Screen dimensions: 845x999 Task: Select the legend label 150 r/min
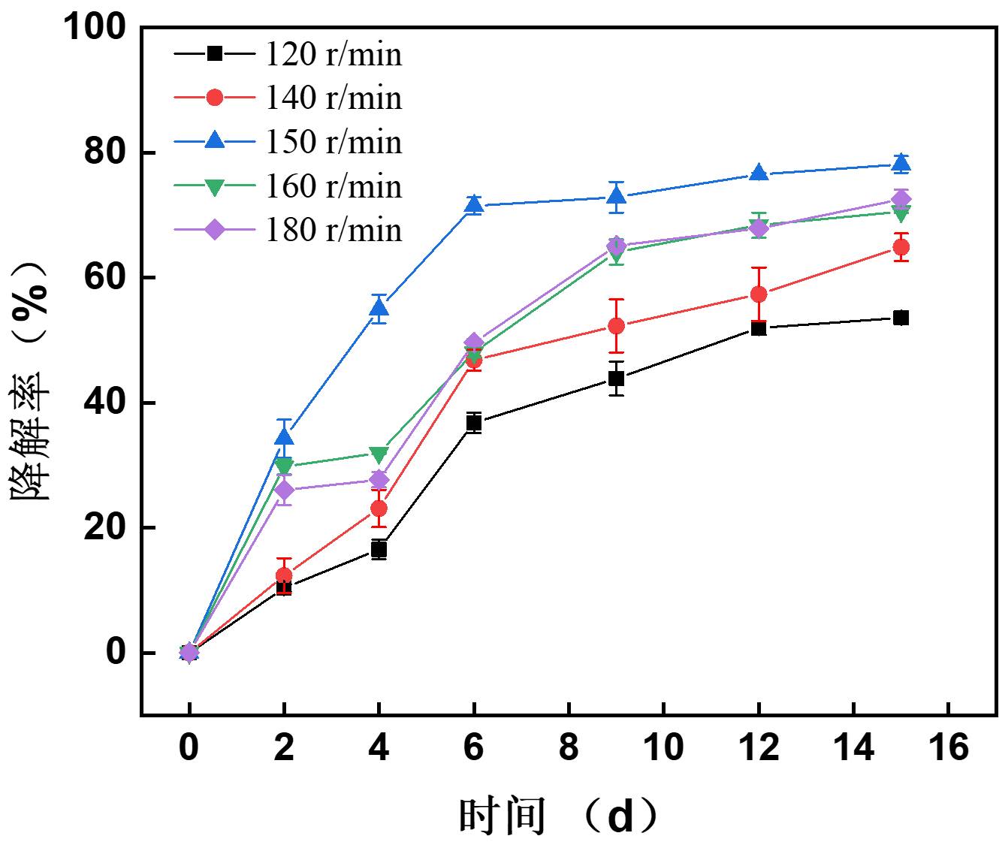click(334, 142)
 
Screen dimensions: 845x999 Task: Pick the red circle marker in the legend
click(215, 98)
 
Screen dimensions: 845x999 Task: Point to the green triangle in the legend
click(215, 187)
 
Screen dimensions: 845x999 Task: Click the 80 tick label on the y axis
click(104, 152)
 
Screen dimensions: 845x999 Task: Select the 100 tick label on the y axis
click(94, 28)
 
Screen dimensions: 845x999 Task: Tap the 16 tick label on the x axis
click(949, 749)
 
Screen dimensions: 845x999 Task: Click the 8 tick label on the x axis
click(569, 749)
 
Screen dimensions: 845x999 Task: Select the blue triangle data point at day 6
click(474, 204)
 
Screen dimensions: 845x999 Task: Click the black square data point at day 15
click(901, 318)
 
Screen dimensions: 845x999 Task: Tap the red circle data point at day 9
click(616, 326)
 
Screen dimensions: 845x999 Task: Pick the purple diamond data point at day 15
click(901, 199)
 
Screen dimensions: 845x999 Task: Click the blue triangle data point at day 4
click(379, 307)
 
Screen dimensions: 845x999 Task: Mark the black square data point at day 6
click(474, 423)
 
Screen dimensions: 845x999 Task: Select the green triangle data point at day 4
click(379, 454)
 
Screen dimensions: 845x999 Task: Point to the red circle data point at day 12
click(759, 294)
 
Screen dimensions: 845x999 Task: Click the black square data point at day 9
click(616, 379)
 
